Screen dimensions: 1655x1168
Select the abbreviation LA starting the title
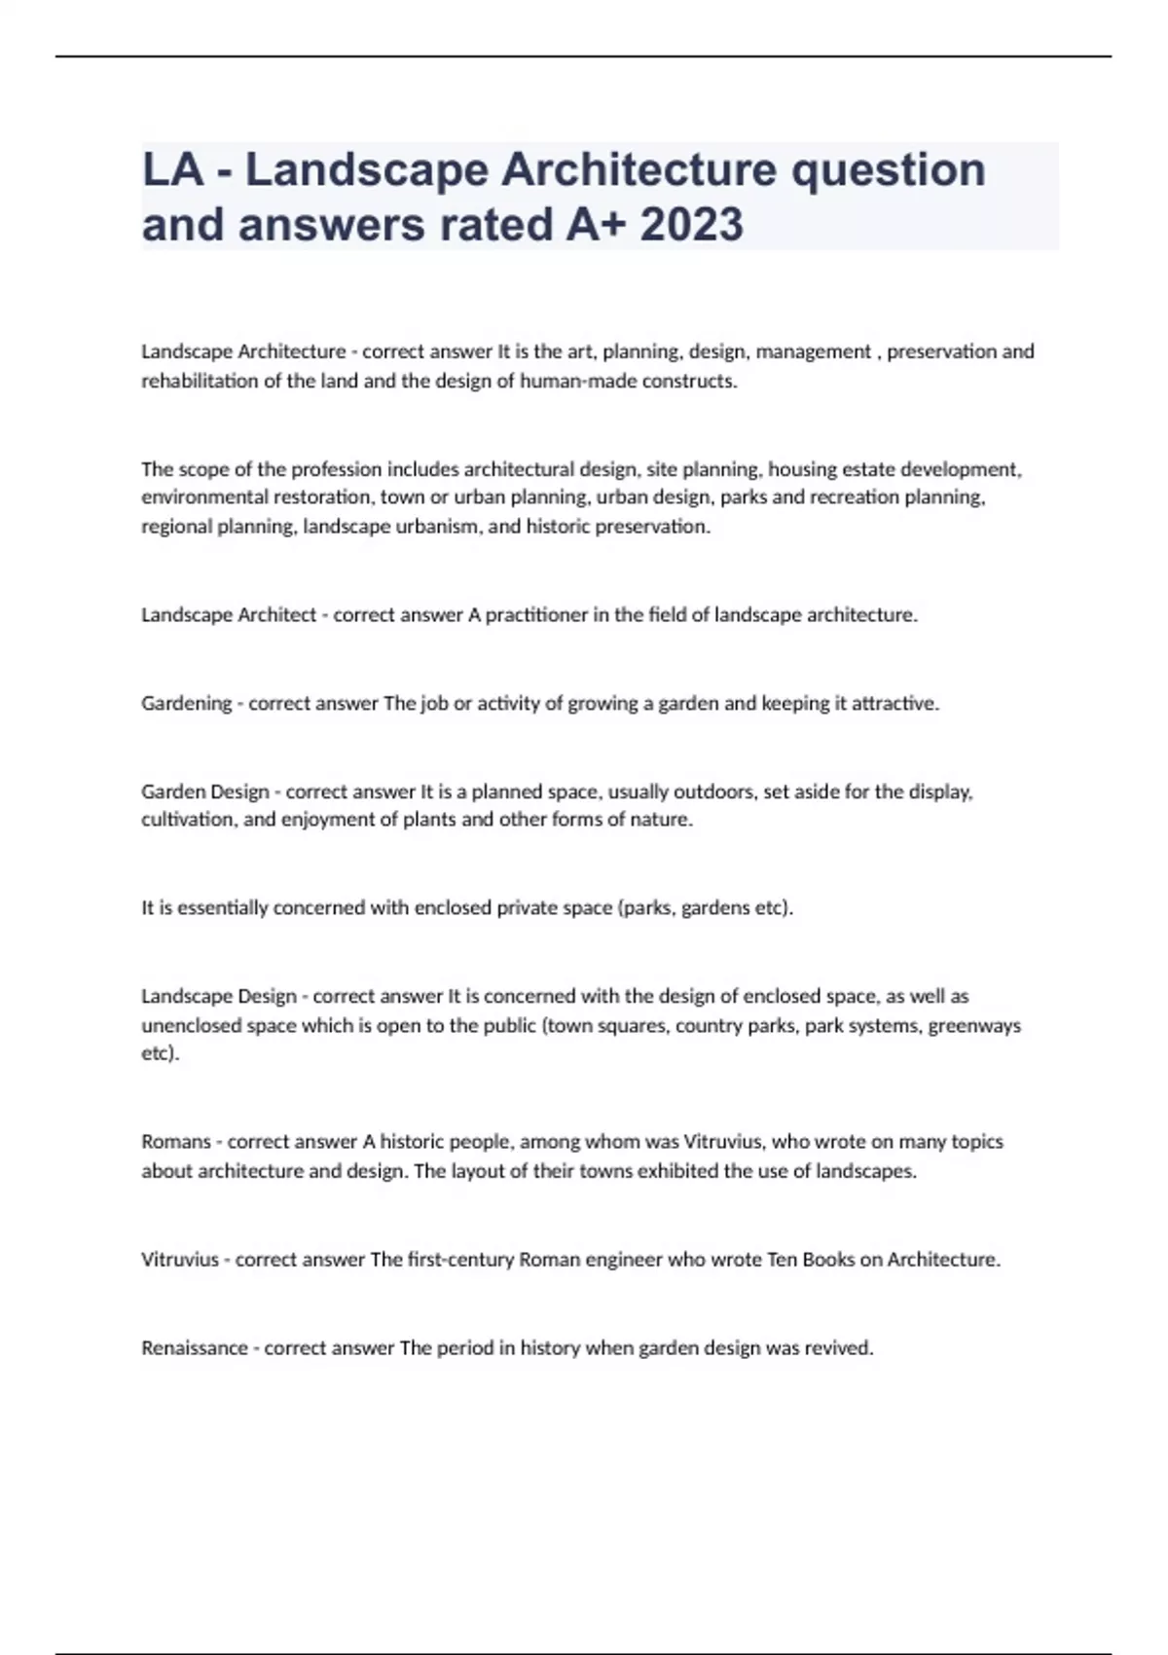172,169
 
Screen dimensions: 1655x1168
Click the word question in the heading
888,169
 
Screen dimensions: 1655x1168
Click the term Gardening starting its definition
186,704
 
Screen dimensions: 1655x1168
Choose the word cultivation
189,820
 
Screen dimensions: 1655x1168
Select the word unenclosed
187,1025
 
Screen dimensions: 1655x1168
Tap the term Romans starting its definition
176,1141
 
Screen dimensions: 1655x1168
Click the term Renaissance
195,1348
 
